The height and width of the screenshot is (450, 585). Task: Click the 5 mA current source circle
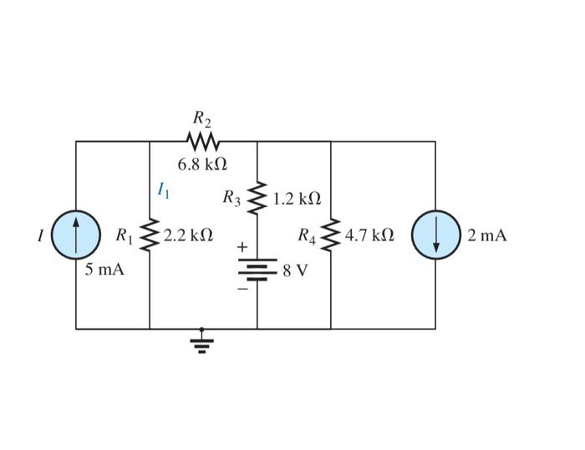(x=76, y=235)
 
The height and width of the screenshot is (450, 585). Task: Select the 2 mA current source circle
(x=435, y=235)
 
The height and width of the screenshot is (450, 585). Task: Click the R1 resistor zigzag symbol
(x=150, y=235)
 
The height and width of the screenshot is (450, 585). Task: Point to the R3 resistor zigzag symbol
(x=257, y=199)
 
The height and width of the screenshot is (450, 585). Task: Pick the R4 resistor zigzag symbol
(x=331, y=235)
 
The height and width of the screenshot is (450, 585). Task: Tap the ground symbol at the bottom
(x=201, y=342)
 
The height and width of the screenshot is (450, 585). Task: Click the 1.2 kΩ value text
(x=296, y=200)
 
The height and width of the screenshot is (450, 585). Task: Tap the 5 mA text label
(x=104, y=270)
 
